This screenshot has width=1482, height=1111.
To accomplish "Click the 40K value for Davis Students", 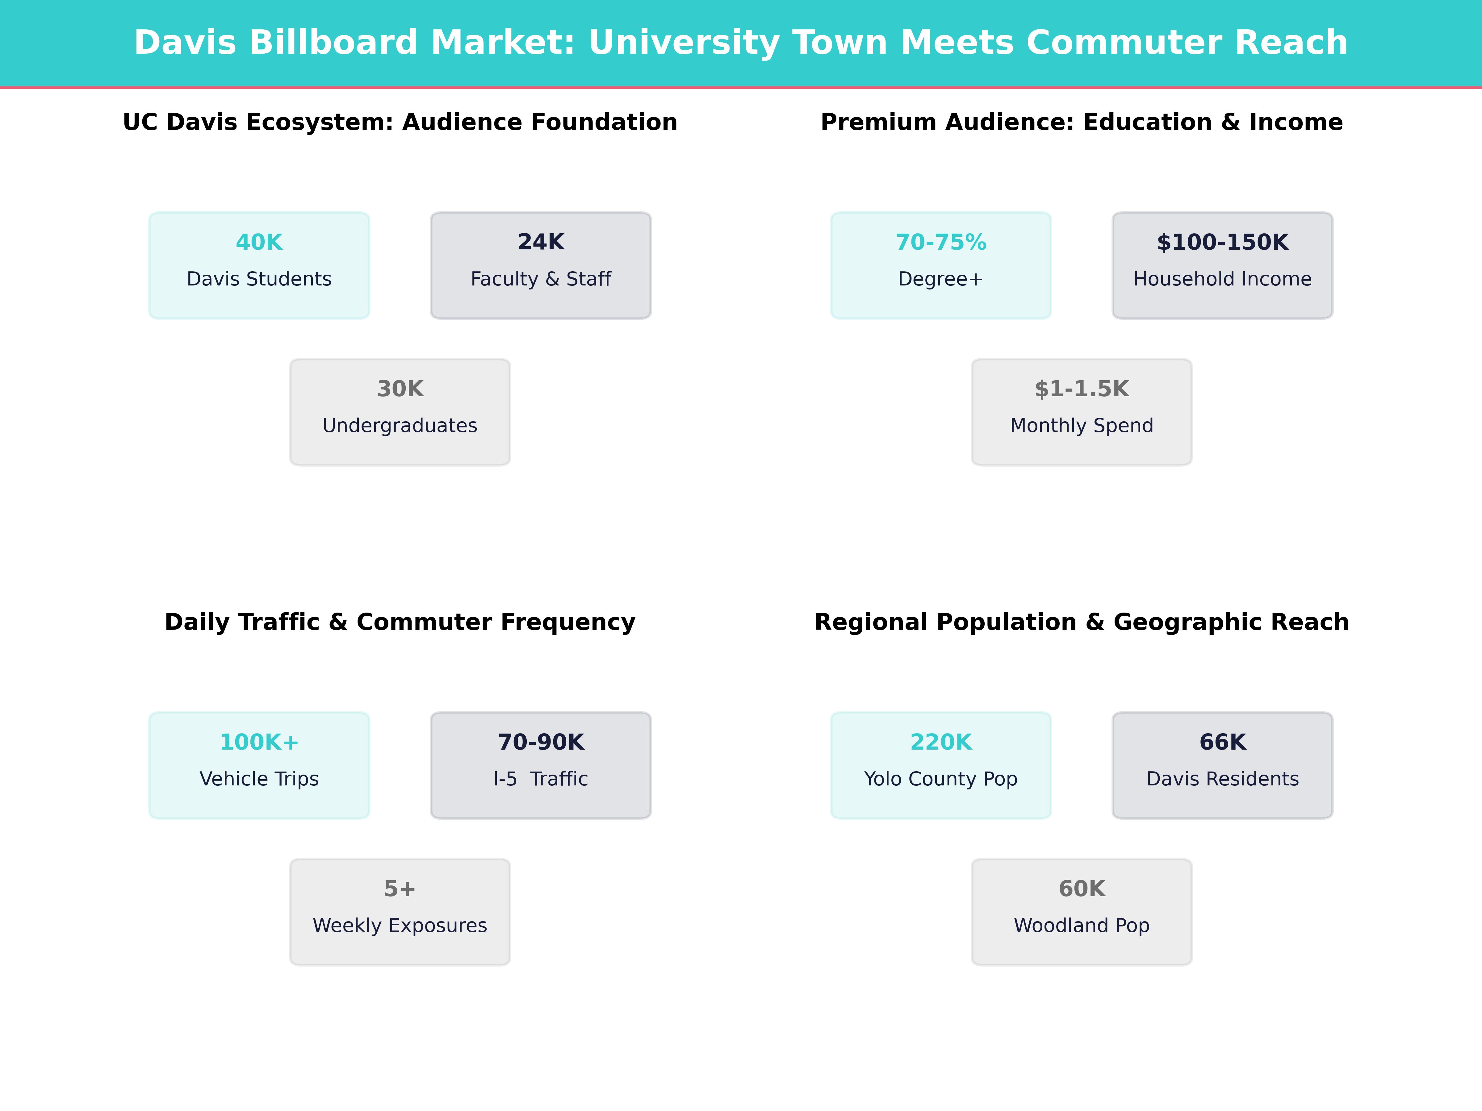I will click(259, 243).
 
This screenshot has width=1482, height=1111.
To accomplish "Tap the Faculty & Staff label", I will click(541, 279).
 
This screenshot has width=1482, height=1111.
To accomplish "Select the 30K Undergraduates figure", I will click(400, 389).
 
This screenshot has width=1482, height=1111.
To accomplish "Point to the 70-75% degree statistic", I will click(941, 243).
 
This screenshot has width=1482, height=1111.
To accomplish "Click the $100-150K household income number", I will click(1222, 243).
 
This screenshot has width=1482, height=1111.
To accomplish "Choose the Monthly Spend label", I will click(1081, 426).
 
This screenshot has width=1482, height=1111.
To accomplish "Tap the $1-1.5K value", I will click(1081, 389).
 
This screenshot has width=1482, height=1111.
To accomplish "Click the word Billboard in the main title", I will click(333, 43).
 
